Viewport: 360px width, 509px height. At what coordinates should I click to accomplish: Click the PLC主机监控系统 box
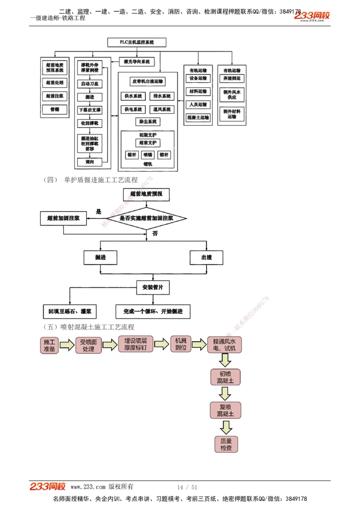click(x=137, y=42)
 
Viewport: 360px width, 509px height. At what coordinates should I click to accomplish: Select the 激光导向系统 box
click(x=137, y=62)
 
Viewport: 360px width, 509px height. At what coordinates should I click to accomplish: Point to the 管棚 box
click(x=54, y=109)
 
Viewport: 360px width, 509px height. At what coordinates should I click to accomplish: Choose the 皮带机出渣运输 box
click(x=148, y=81)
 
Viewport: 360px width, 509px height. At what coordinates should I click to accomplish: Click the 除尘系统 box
click(x=148, y=122)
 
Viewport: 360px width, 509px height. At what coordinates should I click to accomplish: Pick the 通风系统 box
click(x=161, y=109)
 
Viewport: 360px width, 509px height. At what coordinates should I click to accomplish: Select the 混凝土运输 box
click(x=198, y=117)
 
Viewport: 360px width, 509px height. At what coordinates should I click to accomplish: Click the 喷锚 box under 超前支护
click(x=148, y=155)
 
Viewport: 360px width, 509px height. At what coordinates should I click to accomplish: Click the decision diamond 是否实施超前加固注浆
click(x=146, y=219)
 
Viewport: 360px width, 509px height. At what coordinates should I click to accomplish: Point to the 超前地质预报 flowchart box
click(x=146, y=194)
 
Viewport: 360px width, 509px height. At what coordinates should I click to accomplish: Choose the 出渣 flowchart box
click(x=207, y=257)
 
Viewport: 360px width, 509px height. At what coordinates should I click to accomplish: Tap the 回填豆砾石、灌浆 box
click(x=69, y=311)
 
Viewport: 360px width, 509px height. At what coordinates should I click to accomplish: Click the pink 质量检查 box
click(x=226, y=444)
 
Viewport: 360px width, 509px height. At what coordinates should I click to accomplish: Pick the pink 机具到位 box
click(x=180, y=344)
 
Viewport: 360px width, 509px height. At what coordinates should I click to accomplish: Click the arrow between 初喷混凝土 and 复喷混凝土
click(x=225, y=393)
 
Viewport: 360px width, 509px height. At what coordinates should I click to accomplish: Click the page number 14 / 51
click(x=187, y=487)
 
